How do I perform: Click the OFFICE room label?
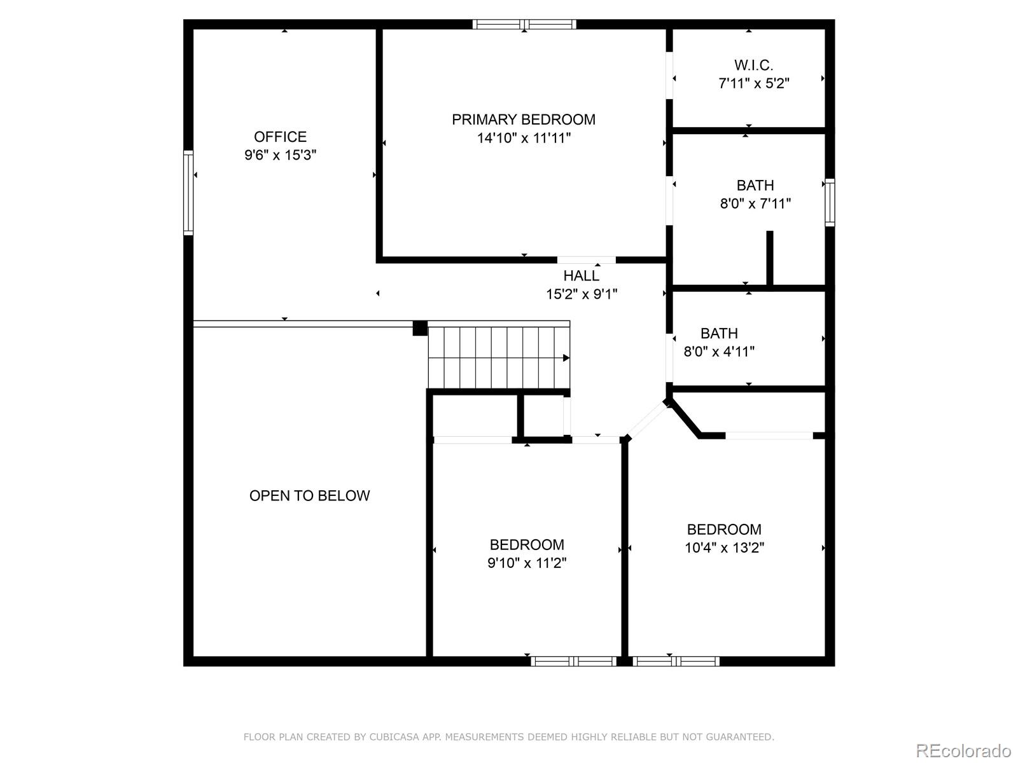point(280,137)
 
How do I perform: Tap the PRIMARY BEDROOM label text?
point(524,120)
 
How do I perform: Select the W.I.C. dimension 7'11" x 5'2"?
point(754,83)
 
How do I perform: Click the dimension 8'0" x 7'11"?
point(755,203)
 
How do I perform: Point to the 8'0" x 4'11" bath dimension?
point(719,351)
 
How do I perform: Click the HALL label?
point(581,276)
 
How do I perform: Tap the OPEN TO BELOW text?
point(309,496)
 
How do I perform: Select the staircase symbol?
point(498,357)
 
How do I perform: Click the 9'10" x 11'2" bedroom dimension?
point(527,563)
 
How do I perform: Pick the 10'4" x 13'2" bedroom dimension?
point(724,547)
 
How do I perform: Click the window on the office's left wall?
point(188,192)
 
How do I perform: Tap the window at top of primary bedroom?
point(524,25)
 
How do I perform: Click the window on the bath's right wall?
point(830,203)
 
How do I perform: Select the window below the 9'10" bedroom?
point(574,661)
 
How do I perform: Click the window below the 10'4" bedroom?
point(676,661)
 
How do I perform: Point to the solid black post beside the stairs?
point(419,328)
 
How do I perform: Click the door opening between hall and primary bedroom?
point(586,260)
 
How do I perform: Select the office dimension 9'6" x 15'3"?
point(280,155)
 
